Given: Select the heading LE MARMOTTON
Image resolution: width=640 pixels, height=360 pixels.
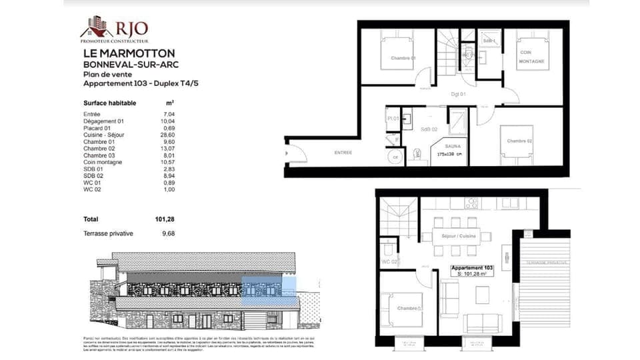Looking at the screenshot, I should coord(129,53).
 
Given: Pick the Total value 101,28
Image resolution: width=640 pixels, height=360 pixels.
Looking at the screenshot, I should coord(163,219).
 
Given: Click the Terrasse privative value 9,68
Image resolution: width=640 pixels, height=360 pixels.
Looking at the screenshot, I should coord(167,233).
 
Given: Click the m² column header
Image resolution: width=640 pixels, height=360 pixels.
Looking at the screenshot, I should coord(170,103).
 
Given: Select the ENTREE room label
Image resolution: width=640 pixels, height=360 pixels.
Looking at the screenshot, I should coord(343,153).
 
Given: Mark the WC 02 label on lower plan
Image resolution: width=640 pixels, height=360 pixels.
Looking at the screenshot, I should coord(389,263).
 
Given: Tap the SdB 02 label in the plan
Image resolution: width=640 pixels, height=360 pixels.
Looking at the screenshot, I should coord(429,129).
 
